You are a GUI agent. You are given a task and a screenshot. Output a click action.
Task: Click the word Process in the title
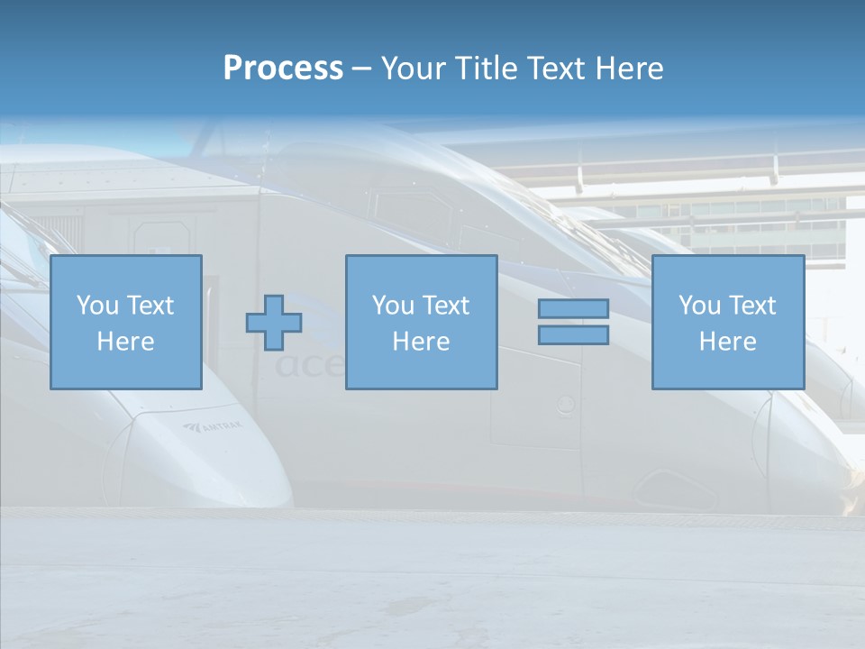[283, 69]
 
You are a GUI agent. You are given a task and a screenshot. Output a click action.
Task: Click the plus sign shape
[274, 322]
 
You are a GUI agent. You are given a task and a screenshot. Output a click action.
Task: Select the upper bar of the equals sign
[573, 309]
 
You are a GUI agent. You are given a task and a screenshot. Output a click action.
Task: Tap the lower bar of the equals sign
[573, 335]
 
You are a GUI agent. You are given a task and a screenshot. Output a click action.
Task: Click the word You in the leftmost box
[96, 306]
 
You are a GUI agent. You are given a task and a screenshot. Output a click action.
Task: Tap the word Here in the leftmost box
[125, 342]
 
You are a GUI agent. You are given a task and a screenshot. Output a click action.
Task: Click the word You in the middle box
[392, 306]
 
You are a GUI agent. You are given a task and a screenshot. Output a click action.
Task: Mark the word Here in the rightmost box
[727, 342]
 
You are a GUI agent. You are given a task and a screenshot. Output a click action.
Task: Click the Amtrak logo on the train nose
[213, 427]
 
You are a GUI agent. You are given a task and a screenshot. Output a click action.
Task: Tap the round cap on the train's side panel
[565, 405]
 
